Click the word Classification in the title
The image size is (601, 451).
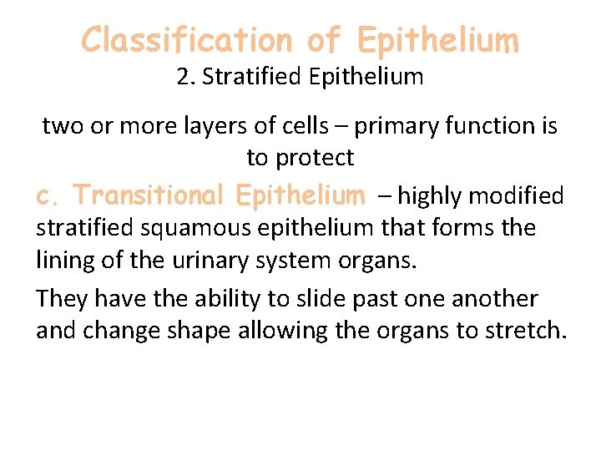tap(184, 39)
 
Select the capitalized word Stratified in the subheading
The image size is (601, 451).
tap(242, 78)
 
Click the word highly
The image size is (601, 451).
tap(429, 196)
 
